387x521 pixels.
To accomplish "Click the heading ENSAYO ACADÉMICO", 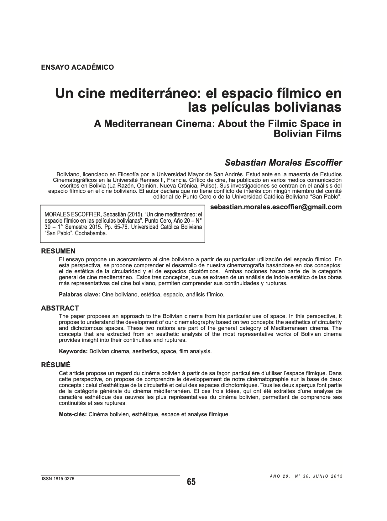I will [77, 67].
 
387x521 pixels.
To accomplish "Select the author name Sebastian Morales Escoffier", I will [283, 163].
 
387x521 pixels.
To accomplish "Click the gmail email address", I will [276, 207].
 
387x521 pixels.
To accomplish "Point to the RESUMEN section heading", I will [58, 251].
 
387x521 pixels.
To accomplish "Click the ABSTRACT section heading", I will [60, 308].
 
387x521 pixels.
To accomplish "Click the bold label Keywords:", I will [73, 351].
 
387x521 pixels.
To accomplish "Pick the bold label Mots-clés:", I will [73, 414].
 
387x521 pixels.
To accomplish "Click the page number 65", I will [191, 481].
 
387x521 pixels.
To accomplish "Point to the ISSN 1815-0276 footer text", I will [58, 479].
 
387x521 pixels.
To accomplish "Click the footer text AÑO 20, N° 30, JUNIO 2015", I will [306, 476].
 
